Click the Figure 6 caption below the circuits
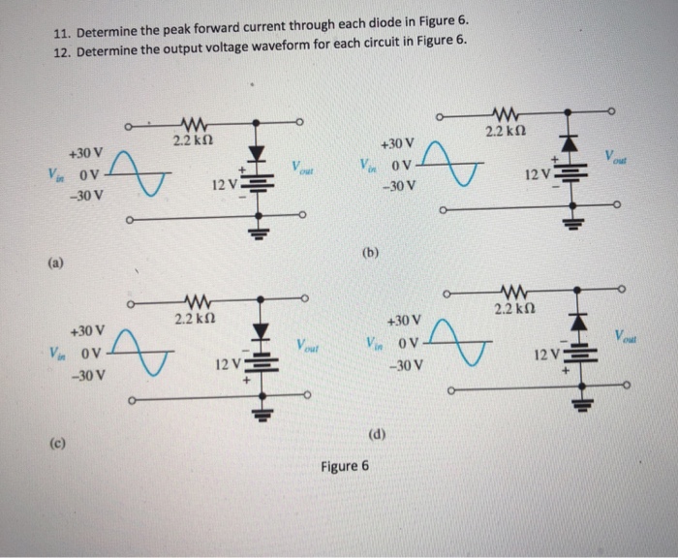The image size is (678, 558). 345,465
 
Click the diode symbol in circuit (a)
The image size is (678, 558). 257,153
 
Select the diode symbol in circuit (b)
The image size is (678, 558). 571,144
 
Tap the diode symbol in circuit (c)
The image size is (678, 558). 259,333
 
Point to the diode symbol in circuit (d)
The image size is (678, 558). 578,319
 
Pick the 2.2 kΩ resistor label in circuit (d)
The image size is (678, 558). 512,309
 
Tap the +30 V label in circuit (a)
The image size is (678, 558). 84,153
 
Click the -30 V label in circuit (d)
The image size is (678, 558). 402,366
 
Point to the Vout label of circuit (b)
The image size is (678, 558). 616,155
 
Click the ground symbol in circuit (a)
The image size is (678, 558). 258,230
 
